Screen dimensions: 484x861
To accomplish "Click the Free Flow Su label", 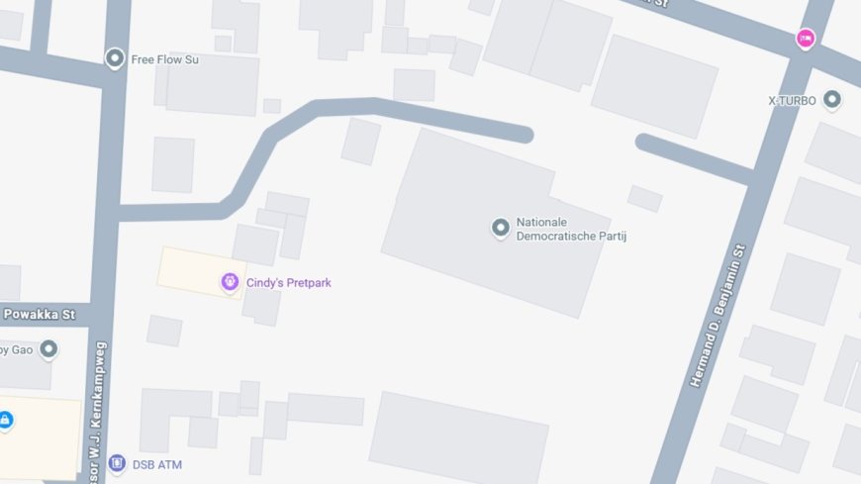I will tap(164, 59).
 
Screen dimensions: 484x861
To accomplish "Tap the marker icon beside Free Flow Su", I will tap(115, 58).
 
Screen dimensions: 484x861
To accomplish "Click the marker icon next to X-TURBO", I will tap(831, 99).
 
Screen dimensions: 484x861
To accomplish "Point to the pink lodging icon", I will tap(806, 39).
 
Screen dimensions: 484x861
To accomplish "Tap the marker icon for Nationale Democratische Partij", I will tap(501, 229).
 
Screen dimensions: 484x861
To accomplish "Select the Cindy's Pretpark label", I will tap(288, 283).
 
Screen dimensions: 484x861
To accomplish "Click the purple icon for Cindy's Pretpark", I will tap(230, 283).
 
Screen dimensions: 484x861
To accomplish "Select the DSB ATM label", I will tap(156, 464).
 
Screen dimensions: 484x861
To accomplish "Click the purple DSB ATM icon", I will tap(117, 463).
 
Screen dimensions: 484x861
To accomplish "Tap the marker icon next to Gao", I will tap(48, 349).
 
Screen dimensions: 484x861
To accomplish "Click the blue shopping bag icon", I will tap(6, 420).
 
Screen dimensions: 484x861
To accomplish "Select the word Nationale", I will tap(541, 223).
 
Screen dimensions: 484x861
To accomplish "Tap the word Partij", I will tap(612, 237).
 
